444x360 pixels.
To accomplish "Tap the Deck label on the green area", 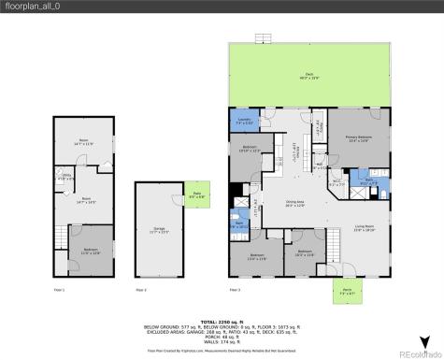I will pos(308,75).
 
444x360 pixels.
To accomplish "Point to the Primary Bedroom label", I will pos(359,140).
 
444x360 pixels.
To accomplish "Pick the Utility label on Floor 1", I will pos(67,176).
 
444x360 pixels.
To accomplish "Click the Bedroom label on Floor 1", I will pos(90,250).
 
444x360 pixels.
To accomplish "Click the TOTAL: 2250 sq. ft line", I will pos(222,321).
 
